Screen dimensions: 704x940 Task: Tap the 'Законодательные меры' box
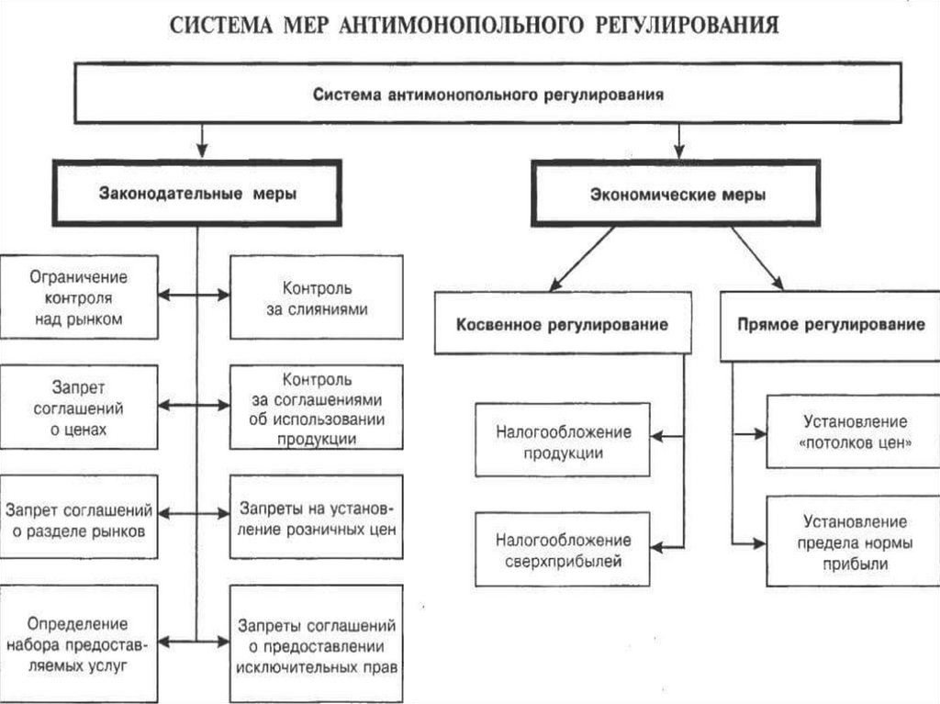point(197,193)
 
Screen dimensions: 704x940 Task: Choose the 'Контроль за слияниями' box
point(317,297)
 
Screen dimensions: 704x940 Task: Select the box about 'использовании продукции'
point(317,407)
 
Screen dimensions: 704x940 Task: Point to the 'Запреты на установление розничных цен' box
point(317,518)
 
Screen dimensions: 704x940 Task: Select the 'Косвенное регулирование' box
point(563,324)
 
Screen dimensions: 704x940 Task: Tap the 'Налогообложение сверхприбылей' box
point(563,549)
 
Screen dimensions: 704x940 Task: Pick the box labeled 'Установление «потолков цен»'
point(855,430)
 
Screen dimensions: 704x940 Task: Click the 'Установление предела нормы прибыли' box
point(855,542)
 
